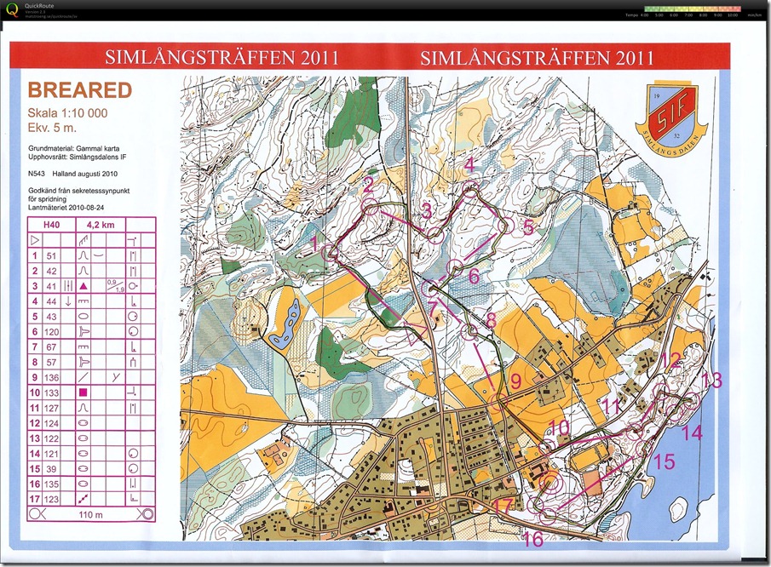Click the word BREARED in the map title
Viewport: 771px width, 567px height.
(79, 90)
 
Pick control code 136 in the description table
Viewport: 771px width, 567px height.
(52, 377)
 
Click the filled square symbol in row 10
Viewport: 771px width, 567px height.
(83, 392)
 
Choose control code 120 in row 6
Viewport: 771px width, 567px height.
(52, 331)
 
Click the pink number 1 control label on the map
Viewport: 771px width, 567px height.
(315, 244)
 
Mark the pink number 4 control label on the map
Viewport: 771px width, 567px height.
(469, 165)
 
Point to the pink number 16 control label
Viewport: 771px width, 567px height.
(533, 540)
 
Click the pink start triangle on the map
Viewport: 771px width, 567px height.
(417, 331)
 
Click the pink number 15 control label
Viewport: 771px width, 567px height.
(663, 461)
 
